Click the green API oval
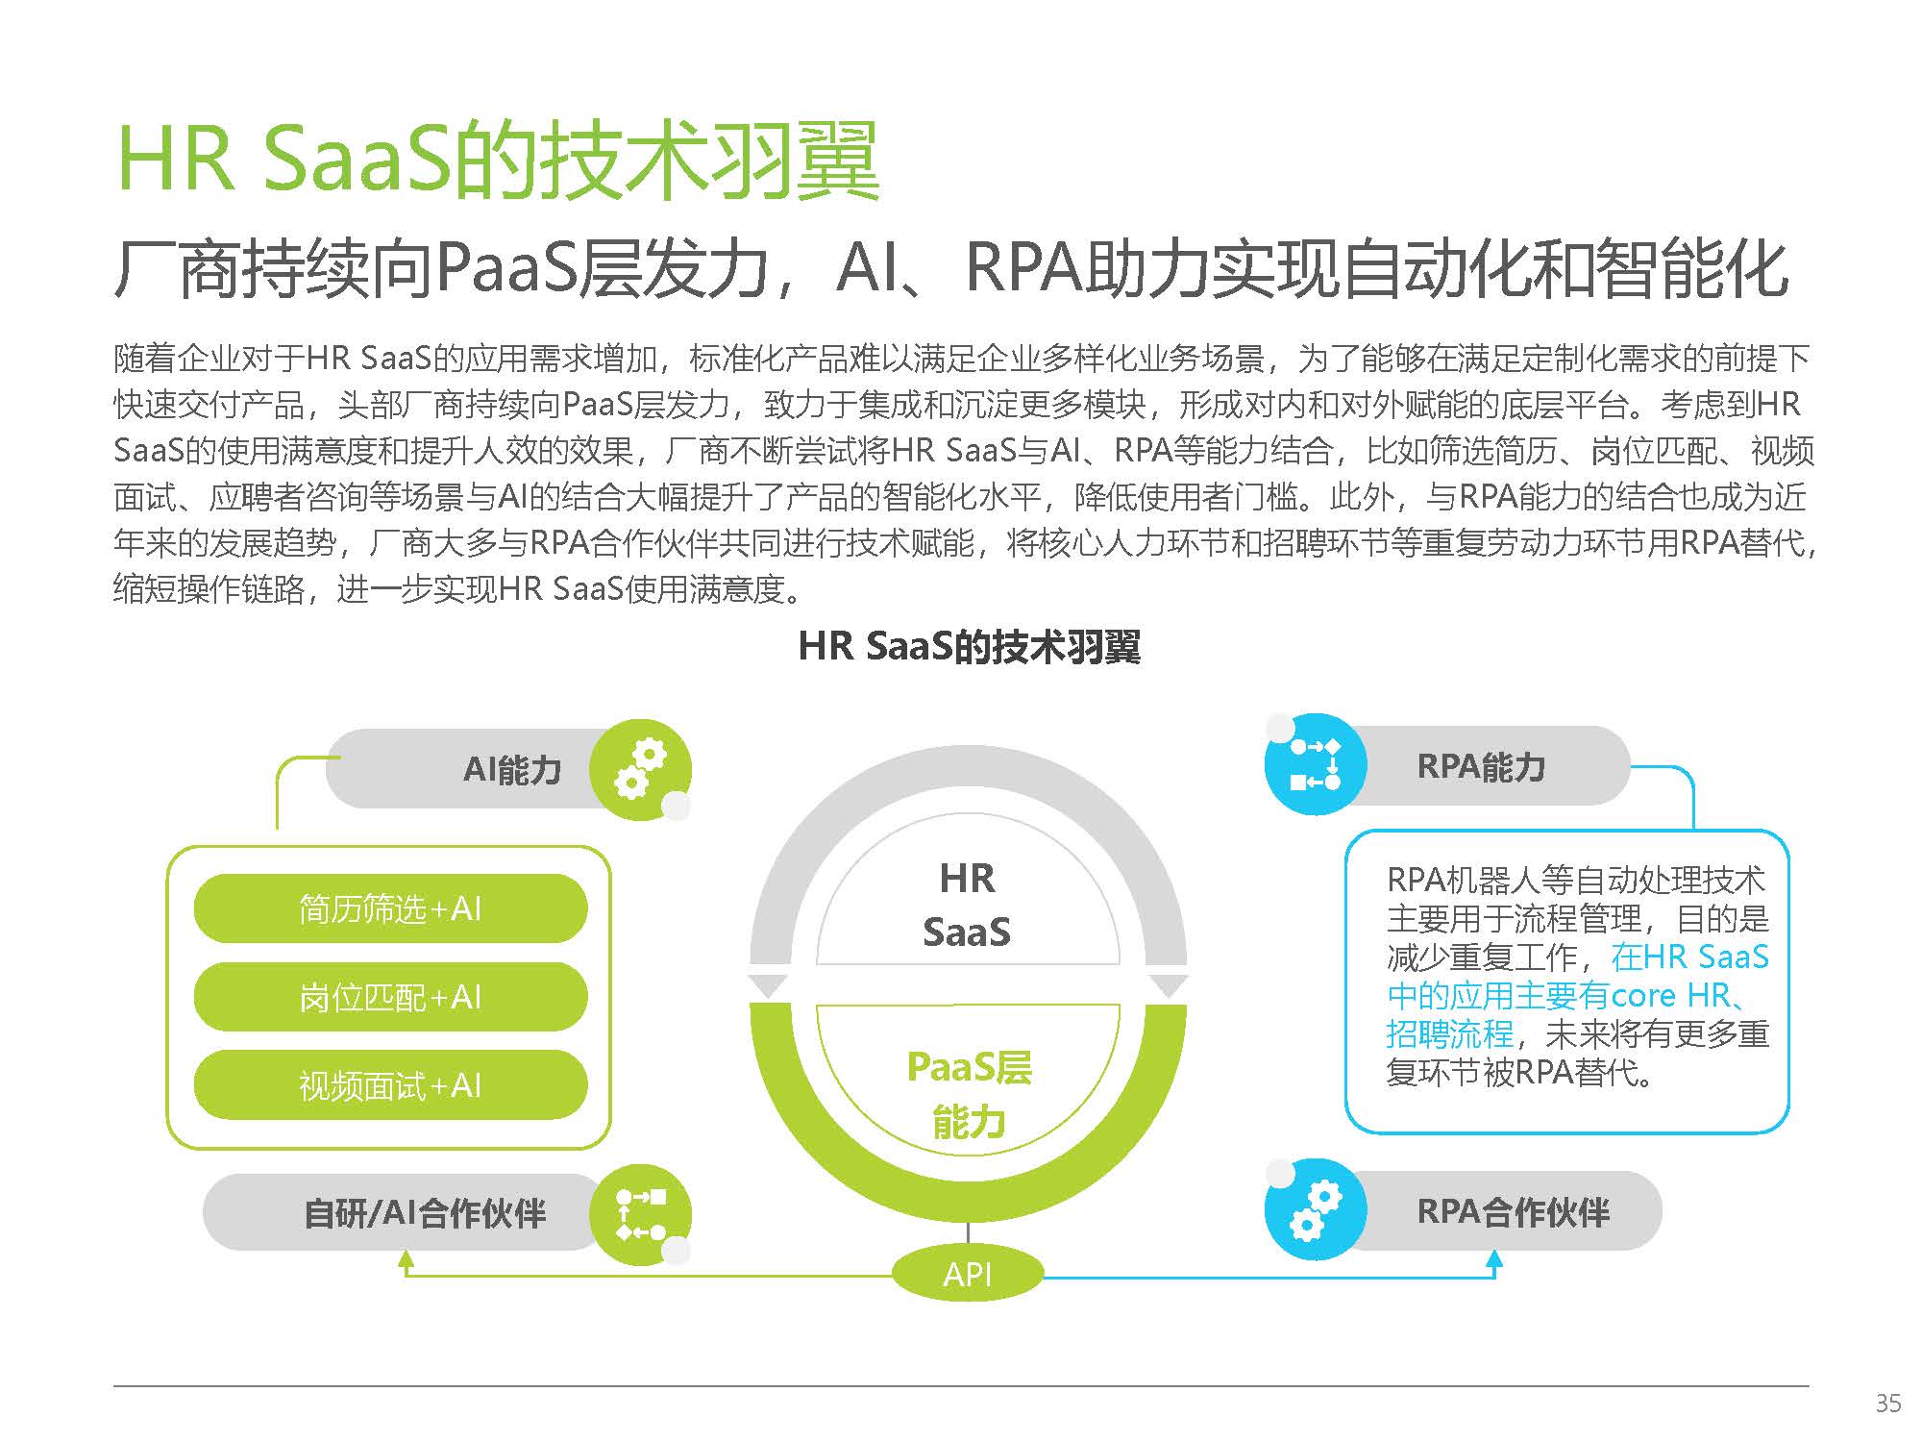967,1275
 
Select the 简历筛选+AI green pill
390,908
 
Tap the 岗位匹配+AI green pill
390,997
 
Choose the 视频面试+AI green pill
390,1085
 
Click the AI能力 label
512,770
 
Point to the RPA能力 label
1481,767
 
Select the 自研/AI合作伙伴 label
425,1213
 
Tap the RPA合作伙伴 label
1513,1211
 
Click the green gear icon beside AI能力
640,769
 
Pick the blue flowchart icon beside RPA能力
1315,765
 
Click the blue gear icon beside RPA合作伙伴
1315,1210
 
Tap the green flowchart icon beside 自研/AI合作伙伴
640,1214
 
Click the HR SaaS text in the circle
967,905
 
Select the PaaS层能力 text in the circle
969,1094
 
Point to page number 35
1888,1404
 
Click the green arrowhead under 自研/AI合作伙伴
407,1260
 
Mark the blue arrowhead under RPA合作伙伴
1494,1260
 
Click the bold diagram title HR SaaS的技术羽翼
969,647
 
